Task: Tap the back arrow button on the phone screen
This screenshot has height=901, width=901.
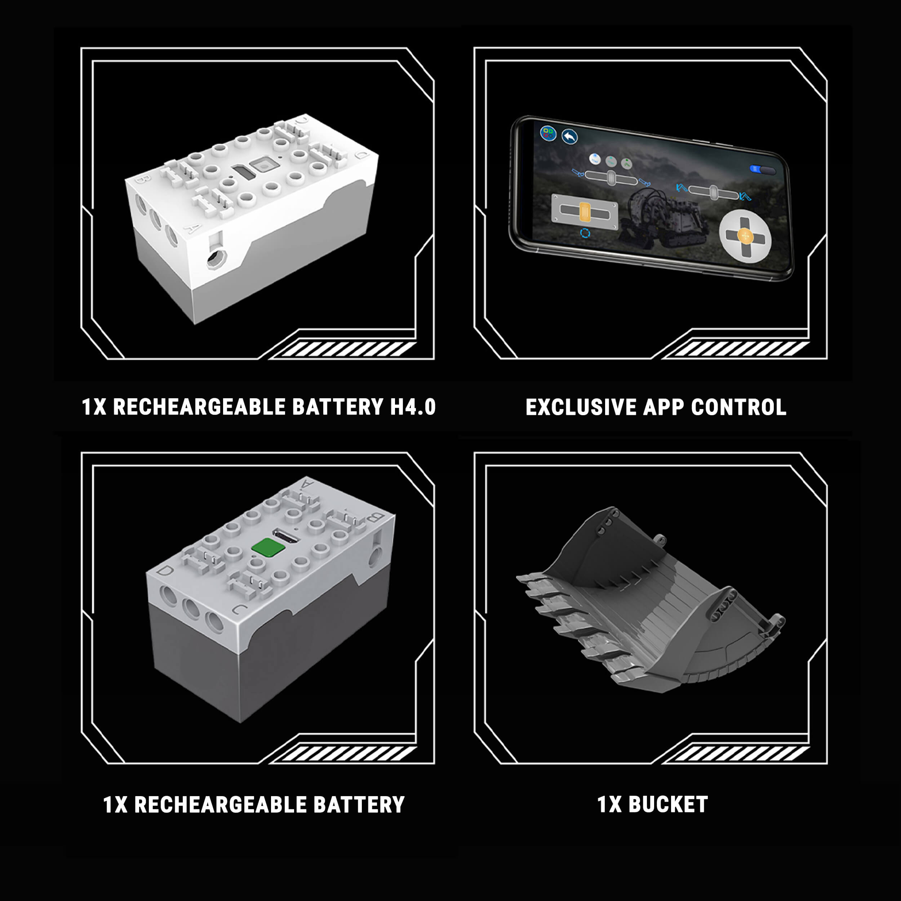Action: tap(569, 137)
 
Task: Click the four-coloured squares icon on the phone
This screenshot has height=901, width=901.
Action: tap(548, 133)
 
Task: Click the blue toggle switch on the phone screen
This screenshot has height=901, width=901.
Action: tap(762, 170)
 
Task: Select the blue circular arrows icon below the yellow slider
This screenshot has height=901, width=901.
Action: tap(585, 233)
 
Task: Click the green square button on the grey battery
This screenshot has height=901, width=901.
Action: tap(268, 547)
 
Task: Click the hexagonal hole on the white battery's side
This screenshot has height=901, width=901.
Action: tap(216, 258)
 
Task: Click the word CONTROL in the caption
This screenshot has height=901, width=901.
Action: tap(739, 407)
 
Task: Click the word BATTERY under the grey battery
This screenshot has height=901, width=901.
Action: tap(359, 804)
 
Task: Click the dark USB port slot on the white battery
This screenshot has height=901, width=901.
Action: tap(243, 172)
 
